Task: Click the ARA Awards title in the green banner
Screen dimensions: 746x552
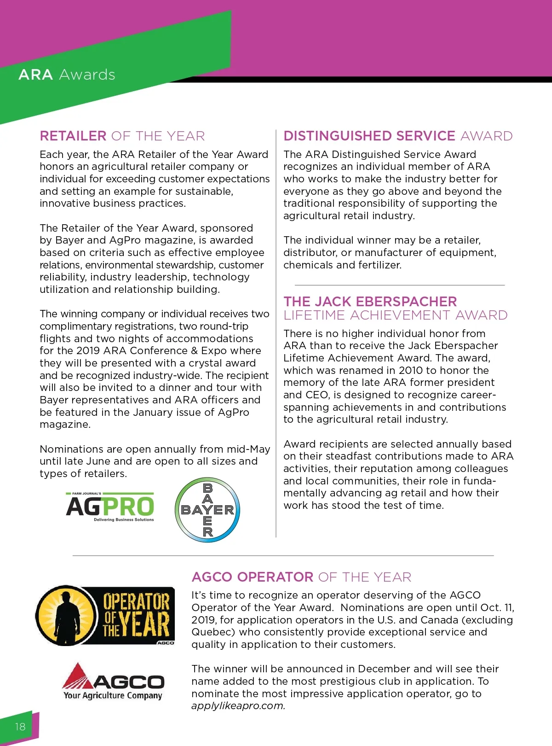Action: click(x=67, y=75)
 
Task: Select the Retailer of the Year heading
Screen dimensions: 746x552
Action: click(x=122, y=136)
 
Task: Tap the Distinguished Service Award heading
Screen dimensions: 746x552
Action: click(x=398, y=136)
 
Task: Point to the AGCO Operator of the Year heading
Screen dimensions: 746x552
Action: click(x=301, y=577)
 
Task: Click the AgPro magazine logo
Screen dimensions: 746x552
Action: click(x=110, y=507)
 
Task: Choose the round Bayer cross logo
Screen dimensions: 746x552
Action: click(x=207, y=510)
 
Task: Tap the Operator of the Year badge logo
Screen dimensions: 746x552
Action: click(x=105, y=616)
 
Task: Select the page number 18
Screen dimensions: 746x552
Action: click(x=20, y=727)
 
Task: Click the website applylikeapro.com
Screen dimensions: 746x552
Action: click(x=238, y=706)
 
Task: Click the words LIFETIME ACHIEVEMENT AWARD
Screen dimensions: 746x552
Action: click(x=396, y=315)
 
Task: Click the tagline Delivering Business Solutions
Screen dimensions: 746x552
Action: click(x=124, y=520)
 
